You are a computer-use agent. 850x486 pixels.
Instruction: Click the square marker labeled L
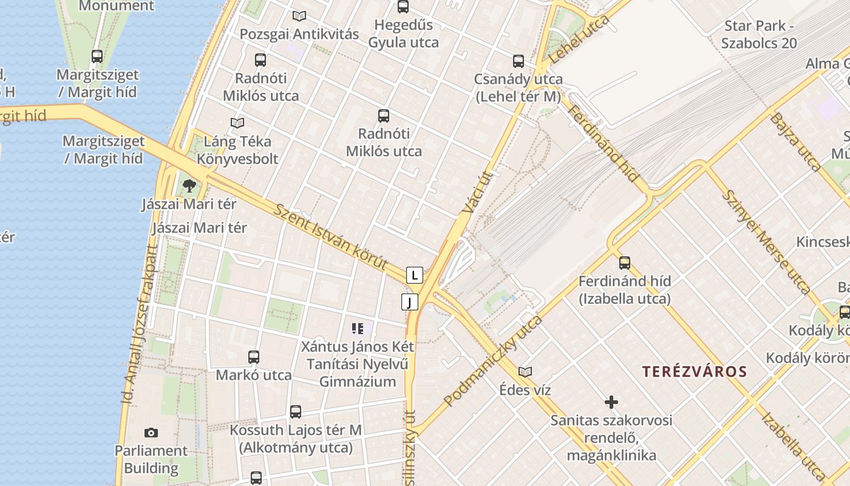(414, 275)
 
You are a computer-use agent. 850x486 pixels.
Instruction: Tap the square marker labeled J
(410, 301)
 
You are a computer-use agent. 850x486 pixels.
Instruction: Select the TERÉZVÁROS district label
(695, 372)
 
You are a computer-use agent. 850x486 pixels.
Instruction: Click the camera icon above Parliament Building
(151, 433)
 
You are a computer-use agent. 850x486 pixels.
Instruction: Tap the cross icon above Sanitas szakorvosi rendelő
(611, 402)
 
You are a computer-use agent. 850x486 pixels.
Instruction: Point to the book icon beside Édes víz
(525, 371)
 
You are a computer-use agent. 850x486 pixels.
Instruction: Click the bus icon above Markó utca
(254, 357)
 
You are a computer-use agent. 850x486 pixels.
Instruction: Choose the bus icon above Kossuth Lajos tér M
(296, 412)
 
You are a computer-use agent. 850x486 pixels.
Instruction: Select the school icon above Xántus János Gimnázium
(357, 329)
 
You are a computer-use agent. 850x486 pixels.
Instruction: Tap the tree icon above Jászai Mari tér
(189, 185)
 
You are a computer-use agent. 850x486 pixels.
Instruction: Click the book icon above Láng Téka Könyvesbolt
(237, 123)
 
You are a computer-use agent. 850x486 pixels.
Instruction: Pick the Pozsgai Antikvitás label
(299, 34)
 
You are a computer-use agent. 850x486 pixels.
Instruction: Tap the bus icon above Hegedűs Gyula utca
(403, 7)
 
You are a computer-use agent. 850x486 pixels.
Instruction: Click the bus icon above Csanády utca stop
(518, 61)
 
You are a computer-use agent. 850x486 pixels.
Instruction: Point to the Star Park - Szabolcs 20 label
(759, 35)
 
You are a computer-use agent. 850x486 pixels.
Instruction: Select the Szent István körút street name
(331, 238)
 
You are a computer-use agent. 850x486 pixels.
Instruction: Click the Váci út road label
(477, 192)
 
